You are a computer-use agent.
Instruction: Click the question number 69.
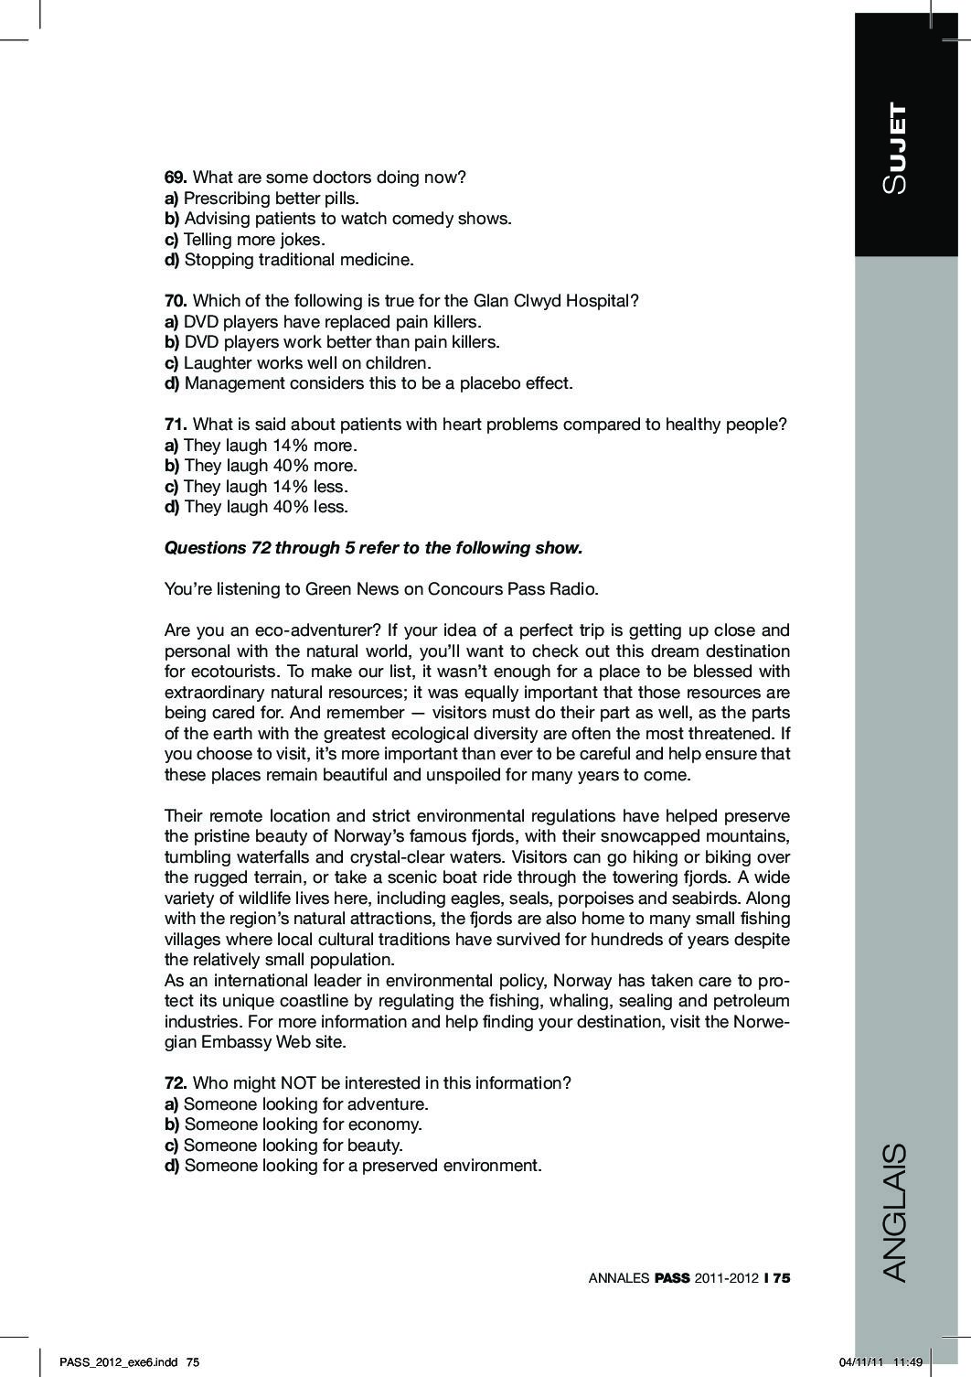[176, 178]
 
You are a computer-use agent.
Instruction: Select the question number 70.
[176, 301]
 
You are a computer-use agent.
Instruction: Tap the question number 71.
[176, 425]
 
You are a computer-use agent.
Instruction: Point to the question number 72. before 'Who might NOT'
[176, 1083]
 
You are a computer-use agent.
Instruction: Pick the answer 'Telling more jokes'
[254, 240]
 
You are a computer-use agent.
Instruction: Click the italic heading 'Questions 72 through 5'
[373, 548]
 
